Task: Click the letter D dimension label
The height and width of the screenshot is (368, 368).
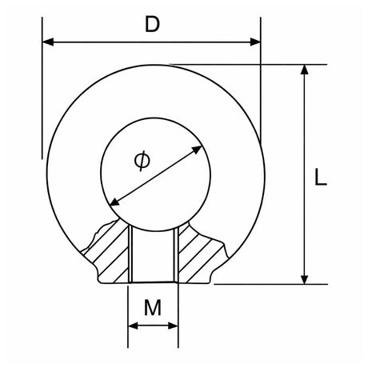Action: tap(152, 24)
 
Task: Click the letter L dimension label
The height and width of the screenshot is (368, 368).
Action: tap(321, 177)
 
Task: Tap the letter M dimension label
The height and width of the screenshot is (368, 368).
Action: tap(153, 307)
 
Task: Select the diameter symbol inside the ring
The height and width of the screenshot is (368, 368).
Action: tap(142, 161)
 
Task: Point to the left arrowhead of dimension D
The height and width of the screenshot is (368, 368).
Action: tap(48, 42)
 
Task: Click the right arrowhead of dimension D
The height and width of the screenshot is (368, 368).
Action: tap(255, 42)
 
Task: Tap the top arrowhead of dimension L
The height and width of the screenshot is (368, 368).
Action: tap(304, 70)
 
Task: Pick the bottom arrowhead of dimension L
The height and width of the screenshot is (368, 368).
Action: tap(304, 279)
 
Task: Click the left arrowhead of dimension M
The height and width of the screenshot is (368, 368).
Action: tap(133, 326)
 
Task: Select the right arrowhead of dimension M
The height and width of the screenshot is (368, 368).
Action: tap(173, 326)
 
